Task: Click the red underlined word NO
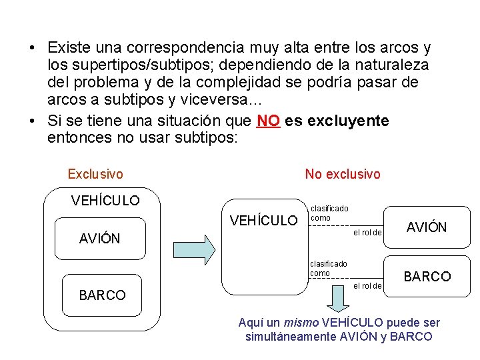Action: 268,121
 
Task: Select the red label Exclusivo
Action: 95,174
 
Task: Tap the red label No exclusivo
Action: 343,174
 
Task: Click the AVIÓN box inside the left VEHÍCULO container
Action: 100,238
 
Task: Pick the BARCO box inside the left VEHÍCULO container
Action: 102,295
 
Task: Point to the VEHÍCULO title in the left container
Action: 105,200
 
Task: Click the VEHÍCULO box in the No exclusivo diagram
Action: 263,246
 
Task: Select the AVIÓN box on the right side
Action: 427,227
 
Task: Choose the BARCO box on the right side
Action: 427,276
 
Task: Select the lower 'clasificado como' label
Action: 328,269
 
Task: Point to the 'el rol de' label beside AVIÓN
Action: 367,233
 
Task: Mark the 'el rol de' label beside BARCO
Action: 367,286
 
